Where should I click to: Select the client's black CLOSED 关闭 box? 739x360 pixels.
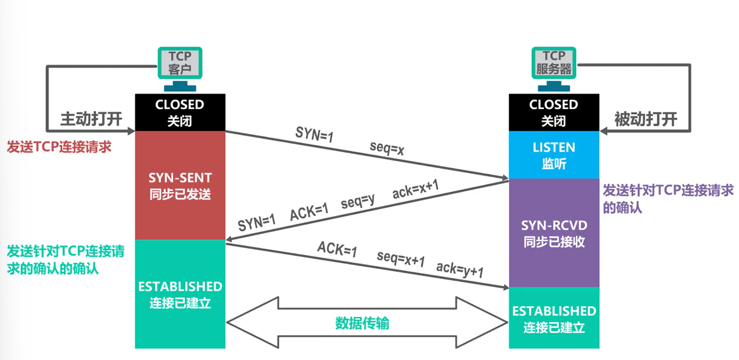coord(180,112)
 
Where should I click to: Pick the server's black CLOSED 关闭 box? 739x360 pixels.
coord(553,112)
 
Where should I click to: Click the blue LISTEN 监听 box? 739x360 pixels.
coord(553,155)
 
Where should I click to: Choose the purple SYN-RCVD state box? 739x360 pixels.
coord(553,233)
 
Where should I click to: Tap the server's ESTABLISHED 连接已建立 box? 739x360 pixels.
coord(553,319)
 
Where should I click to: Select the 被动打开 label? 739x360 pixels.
coord(646,119)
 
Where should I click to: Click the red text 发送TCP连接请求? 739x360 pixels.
coord(59,147)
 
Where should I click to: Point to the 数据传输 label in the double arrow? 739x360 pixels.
coord(362,323)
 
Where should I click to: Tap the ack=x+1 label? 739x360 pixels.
coord(415,189)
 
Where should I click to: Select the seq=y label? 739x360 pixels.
coord(357,202)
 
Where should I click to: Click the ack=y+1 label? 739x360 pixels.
coord(459,270)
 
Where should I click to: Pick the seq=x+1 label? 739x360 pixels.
coord(401,259)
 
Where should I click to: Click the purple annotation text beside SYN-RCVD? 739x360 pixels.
coord(667,198)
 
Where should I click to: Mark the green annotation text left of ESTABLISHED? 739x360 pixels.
coord(65,259)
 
